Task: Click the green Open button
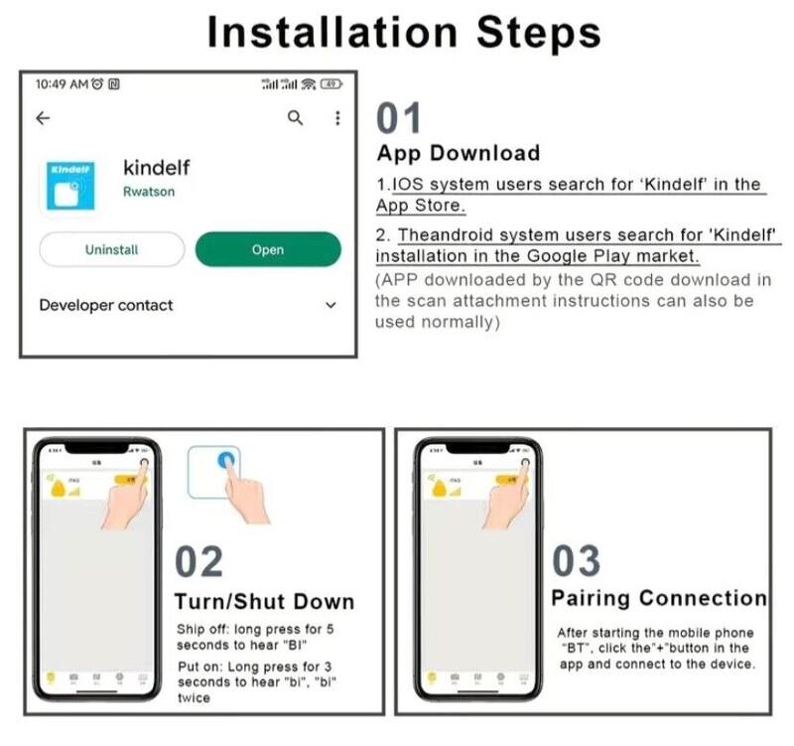point(268,249)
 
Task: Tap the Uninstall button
point(111,249)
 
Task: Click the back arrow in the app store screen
point(43,118)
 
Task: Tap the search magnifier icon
point(295,118)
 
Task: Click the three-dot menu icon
point(337,118)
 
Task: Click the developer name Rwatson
point(148,192)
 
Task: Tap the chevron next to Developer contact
point(331,306)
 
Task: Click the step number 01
point(400,118)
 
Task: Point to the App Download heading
point(458,153)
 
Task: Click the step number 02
point(198,562)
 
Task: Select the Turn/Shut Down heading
point(263,601)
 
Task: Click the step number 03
point(576,561)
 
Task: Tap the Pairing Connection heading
point(659,598)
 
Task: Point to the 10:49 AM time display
point(62,84)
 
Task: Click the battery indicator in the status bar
point(331,84)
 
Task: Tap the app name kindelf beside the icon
point(156,166)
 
